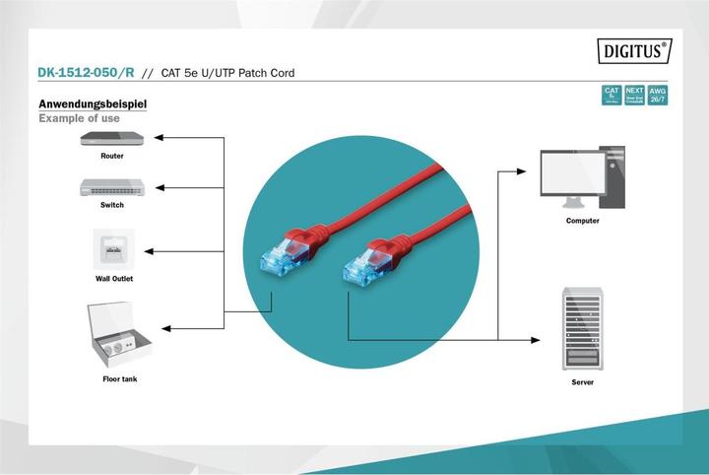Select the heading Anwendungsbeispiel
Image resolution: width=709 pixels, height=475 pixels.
point(94,103)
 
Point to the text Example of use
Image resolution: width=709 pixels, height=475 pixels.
point(79,118)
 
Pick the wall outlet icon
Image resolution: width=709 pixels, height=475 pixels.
point(113,250)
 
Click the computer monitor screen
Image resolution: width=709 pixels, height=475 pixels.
point(570,174)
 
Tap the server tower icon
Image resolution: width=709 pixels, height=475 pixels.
point(582,329)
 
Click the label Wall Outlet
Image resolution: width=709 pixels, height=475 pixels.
point(113,279)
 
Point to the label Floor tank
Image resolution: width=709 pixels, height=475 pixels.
point(119,379)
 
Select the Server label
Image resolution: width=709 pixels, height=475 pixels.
point(582,381)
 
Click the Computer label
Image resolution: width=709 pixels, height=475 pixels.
point(582,221)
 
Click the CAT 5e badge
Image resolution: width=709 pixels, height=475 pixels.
point(612,96)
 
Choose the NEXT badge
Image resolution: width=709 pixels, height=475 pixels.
point(635,96)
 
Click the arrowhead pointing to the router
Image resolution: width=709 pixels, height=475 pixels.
point(161,138)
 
